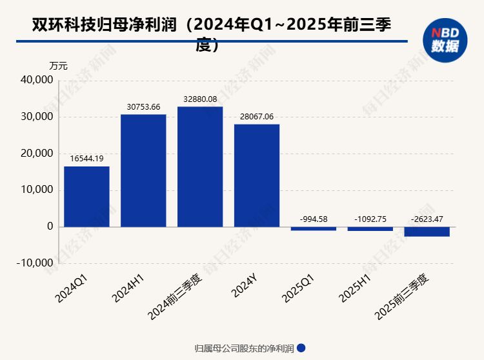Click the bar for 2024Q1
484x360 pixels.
pyautogui.click(x=86, y=196)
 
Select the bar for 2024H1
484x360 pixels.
pyautogui.click(x=143, y=170)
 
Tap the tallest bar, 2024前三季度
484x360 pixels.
pyautogui.click(x=200, y=166)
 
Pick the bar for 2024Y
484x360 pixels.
pyautogui.click(x=257, y=175)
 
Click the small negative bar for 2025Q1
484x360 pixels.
pyautogui.click(x=314, y=228)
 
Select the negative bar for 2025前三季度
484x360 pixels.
pyautogui.click(x=427, y=232)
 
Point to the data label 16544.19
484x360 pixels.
pyautogui.click(x=86, y=157)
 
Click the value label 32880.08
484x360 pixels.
pyautogui.click(x=200, y=98)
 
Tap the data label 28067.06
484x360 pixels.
pyautogui.click(x=257, y=116)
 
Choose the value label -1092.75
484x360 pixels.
pyautogui.click(x=370, y=219)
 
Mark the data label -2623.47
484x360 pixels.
pyautogui.click(x=427, y=219)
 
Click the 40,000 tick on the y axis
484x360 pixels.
pyautogui.click(x=36, y=81)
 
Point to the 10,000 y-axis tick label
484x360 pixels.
pyautogui.click(x=36, y=190)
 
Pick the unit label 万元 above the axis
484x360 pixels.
pyautogui.click(x=58, y=66)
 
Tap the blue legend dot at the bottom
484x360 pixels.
pyautogui.click(x=301, y=348)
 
